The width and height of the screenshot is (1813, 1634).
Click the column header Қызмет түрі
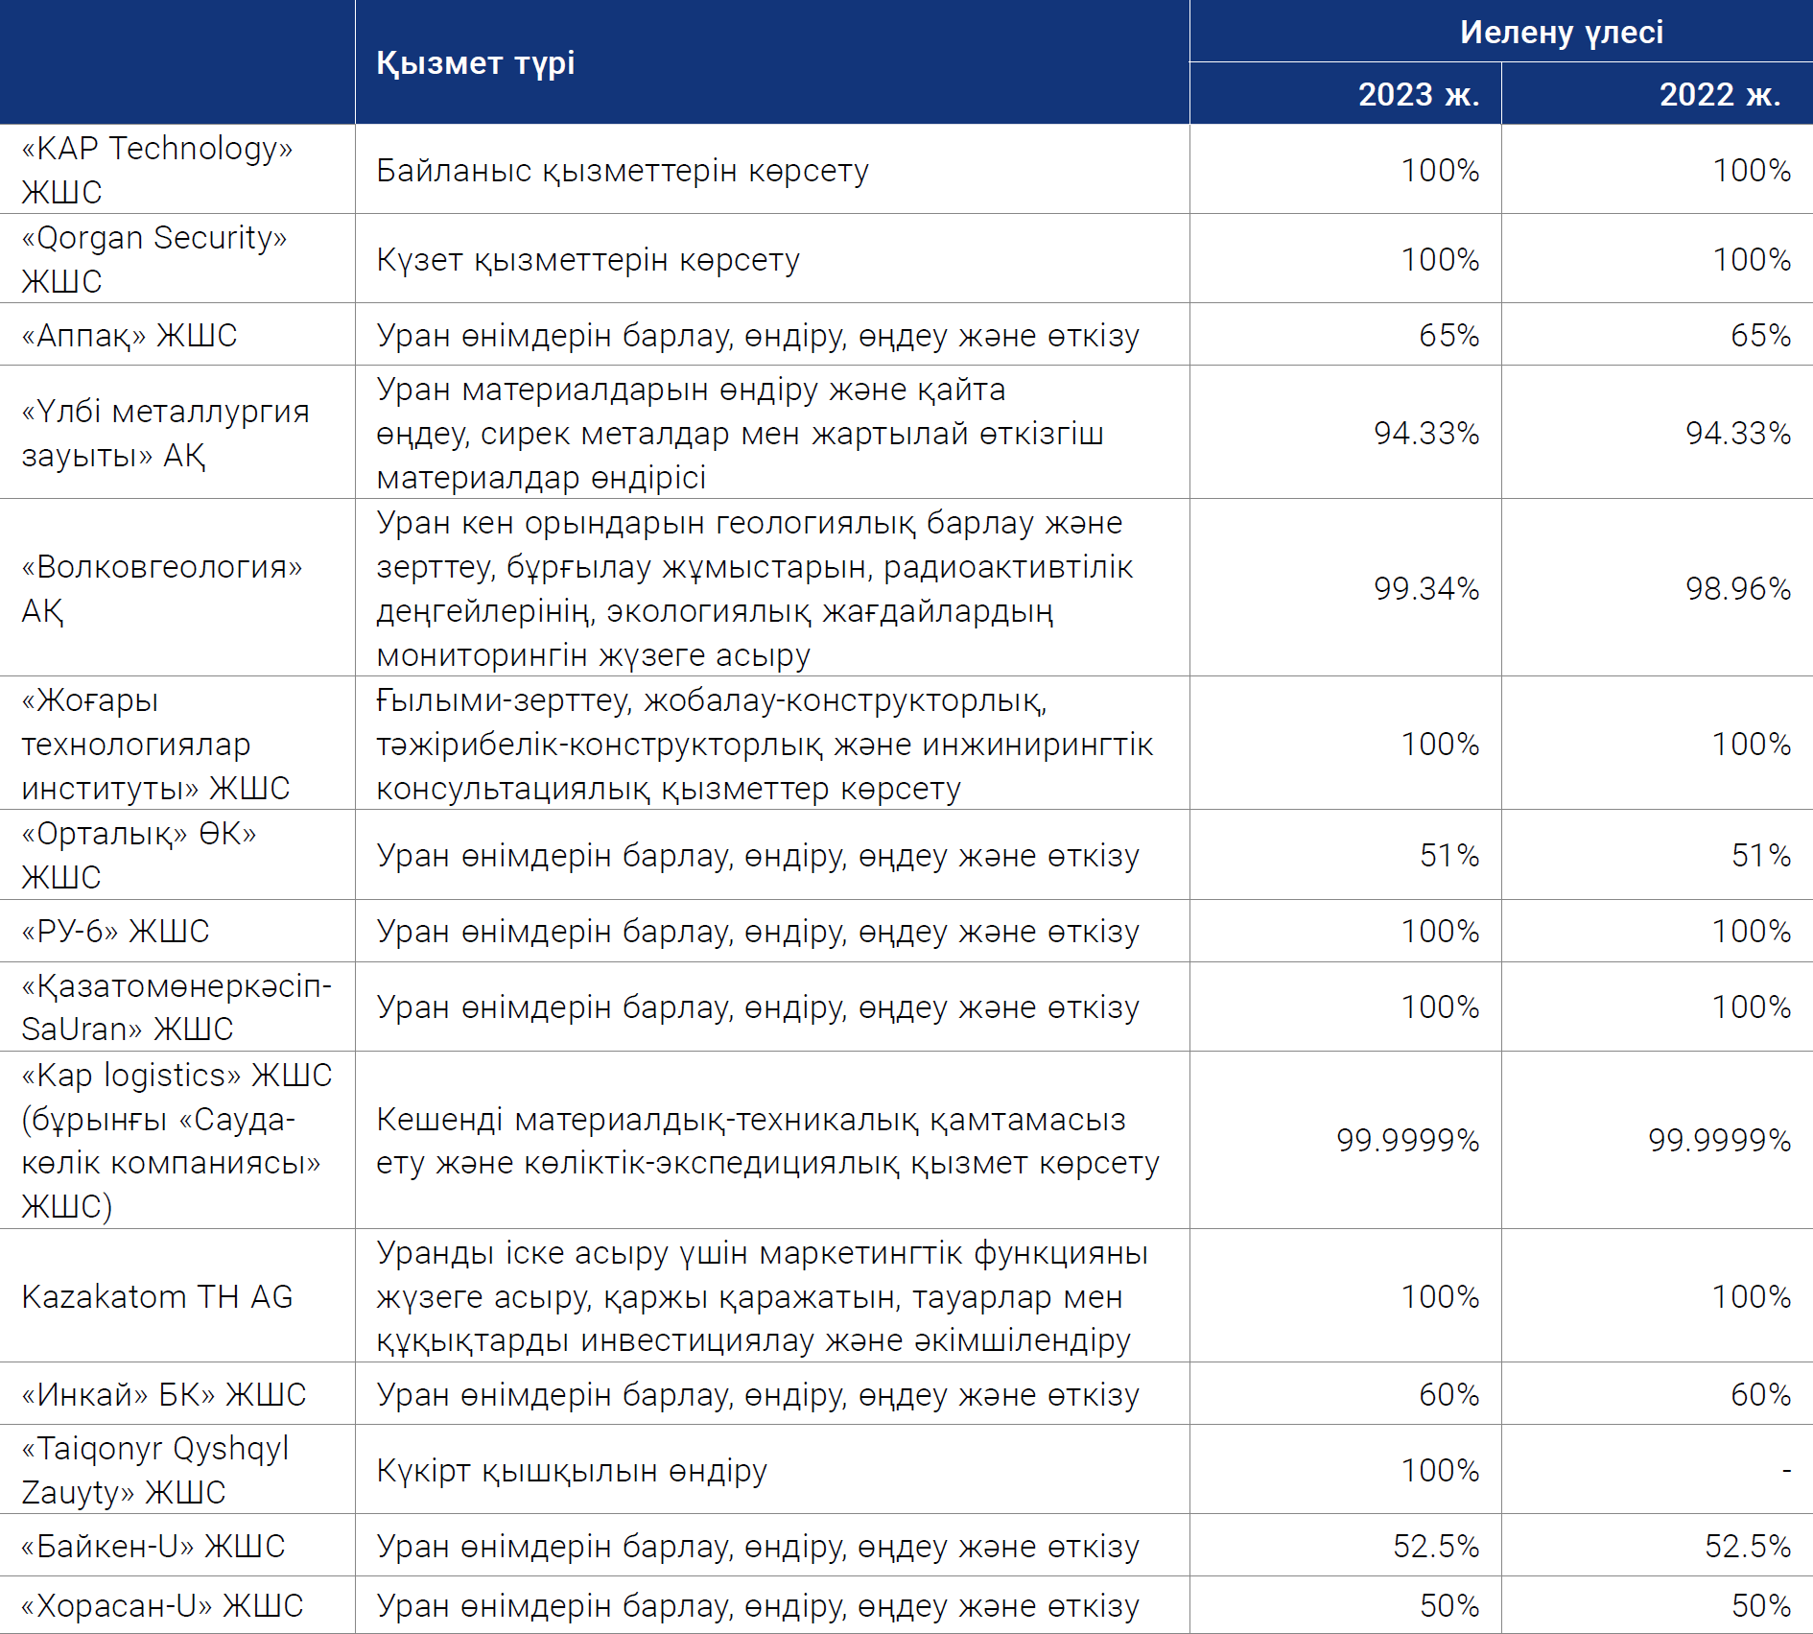tap(475, 63)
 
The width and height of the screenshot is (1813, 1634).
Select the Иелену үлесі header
tap(1562, 33)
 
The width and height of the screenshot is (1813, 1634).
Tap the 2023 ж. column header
tap(1419, 94)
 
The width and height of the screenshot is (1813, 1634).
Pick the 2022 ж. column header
tap(1720, 94)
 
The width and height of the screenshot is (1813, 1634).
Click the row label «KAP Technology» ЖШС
tap(157, 170)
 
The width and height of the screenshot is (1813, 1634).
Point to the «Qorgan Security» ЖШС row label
tap(154, 259)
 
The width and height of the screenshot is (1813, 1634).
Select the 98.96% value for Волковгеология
tap(1738, 588)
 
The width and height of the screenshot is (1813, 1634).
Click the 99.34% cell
tap(1426, 588)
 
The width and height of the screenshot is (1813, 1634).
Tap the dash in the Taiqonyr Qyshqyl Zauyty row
tap(1786, 1470)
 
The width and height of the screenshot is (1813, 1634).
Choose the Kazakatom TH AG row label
tap(157, 1296)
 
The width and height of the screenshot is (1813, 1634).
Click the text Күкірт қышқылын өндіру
tap(572, 1471)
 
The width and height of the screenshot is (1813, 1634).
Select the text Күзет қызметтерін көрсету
tap(588, 260)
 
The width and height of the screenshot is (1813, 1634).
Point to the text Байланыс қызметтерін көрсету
tap(623, 171)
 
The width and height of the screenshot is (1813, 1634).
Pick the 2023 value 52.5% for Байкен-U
tap(1436, 1546)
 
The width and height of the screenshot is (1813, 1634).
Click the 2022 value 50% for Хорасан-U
tap(1761, 1605)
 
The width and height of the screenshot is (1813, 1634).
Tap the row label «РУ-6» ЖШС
tap(115, 932)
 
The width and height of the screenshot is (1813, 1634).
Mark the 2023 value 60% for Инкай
tap(1449, 1394)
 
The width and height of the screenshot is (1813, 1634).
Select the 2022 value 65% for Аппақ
tap(1761, 335)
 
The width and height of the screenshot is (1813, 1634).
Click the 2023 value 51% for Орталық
tap(1449, 855)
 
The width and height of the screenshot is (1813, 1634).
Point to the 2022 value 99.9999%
tap(1720, 1140)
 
